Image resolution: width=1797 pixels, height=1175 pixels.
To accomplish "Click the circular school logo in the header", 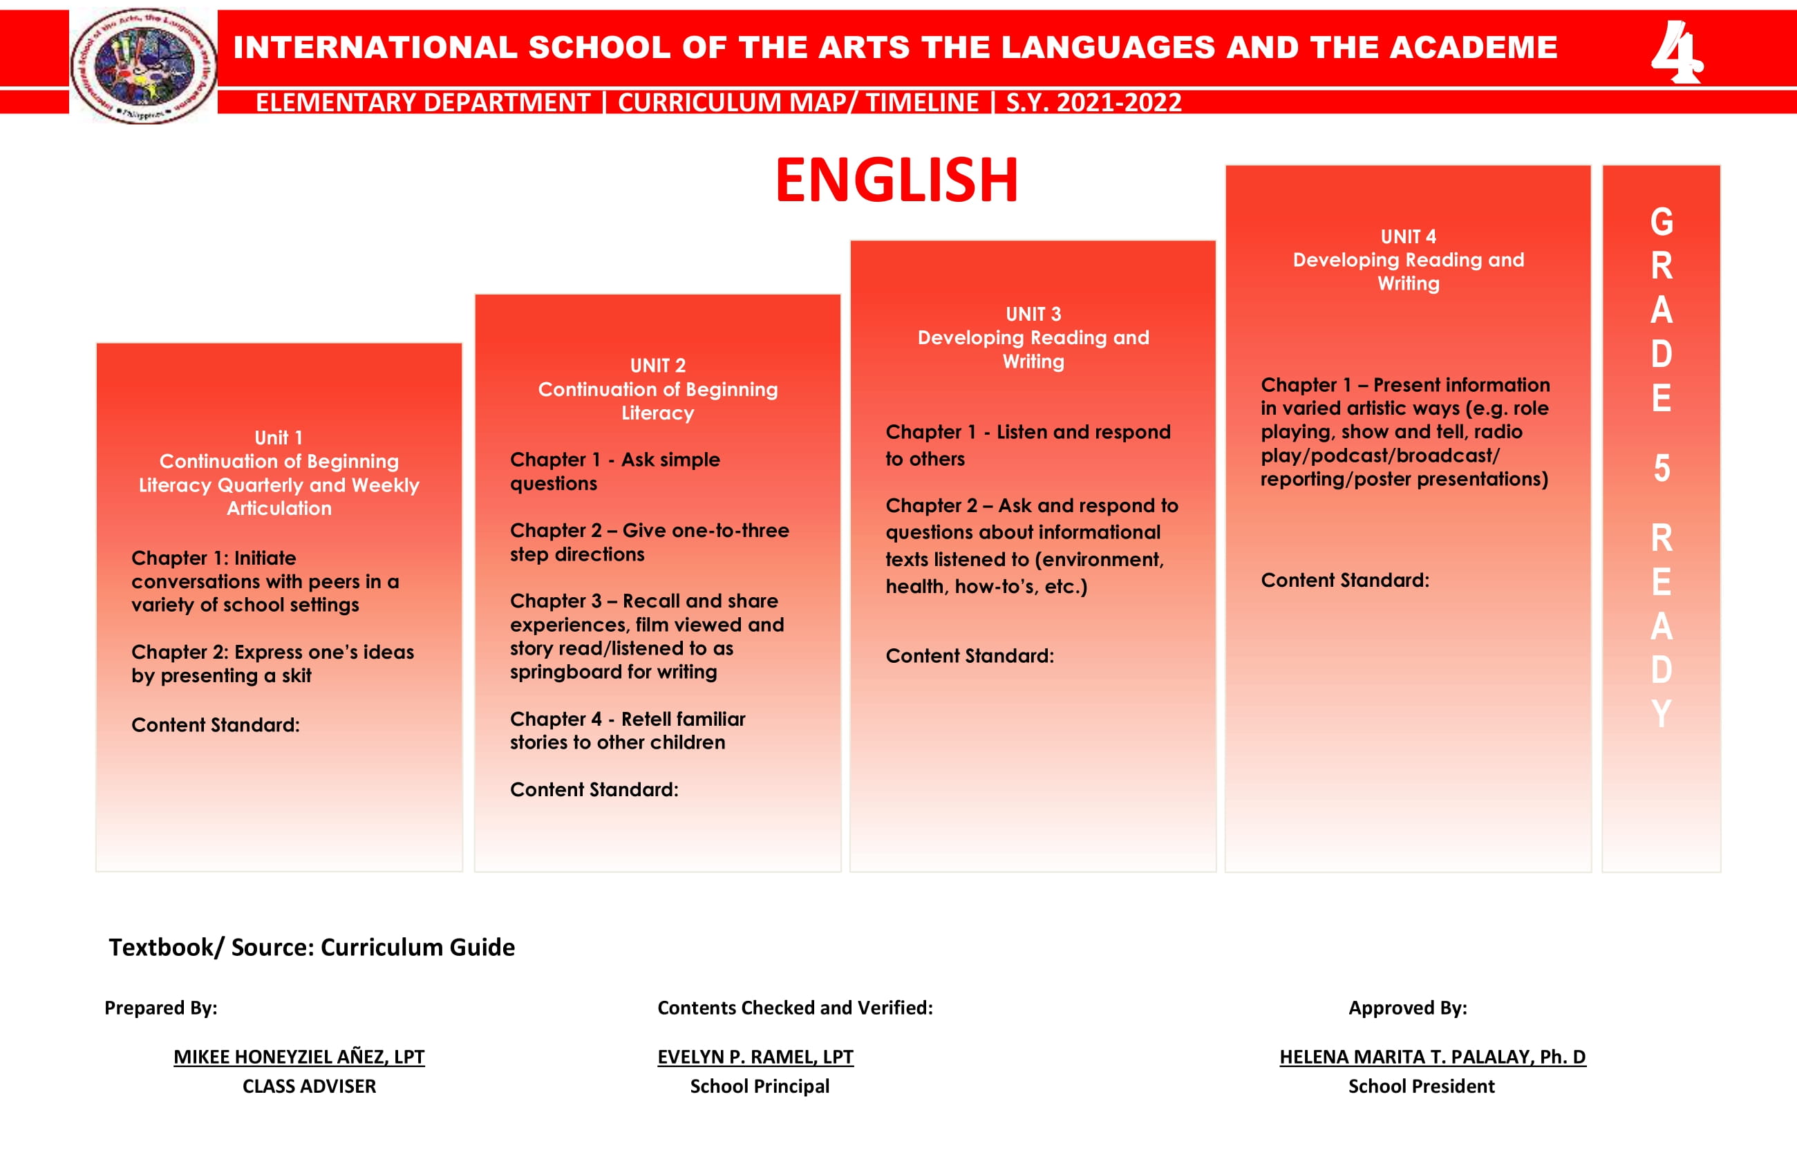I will [x=144, y=66].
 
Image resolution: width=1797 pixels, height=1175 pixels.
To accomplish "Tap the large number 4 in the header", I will [x=1675, y=52].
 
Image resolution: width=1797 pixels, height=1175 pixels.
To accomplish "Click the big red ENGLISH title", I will [x=897, y=180].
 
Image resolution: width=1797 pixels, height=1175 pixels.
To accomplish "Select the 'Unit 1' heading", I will [x=279, y=438].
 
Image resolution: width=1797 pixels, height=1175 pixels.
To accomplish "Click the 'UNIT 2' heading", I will [x=658, y=366].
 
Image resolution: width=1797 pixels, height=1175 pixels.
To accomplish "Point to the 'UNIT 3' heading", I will [x=1033, y=314].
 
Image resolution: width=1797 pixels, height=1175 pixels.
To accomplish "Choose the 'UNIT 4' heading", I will [x=1408, y=237].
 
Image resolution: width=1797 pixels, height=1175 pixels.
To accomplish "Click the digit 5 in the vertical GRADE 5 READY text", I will [x=1661, y=469].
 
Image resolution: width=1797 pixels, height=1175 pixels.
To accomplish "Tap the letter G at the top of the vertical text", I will [x=1661, y=223].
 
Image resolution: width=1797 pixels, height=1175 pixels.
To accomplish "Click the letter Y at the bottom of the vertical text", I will [x=1661, y=713].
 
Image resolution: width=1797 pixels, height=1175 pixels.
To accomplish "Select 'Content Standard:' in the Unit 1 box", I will [x=215, y=726].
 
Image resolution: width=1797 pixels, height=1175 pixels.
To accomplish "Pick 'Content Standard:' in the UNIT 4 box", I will [x=1345, y=581].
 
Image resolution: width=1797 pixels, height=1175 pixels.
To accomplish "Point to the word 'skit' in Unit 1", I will [x=296, y=676].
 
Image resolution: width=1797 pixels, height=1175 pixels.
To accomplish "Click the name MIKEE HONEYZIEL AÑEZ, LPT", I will [x=299, y=1056].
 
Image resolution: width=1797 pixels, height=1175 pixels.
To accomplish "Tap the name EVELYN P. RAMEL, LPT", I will [x=755, y=1056].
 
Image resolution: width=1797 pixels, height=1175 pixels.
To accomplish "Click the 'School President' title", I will [x=1421, y=1086].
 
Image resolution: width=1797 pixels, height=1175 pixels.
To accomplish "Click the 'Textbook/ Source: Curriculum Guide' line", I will [x=312, y=947].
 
